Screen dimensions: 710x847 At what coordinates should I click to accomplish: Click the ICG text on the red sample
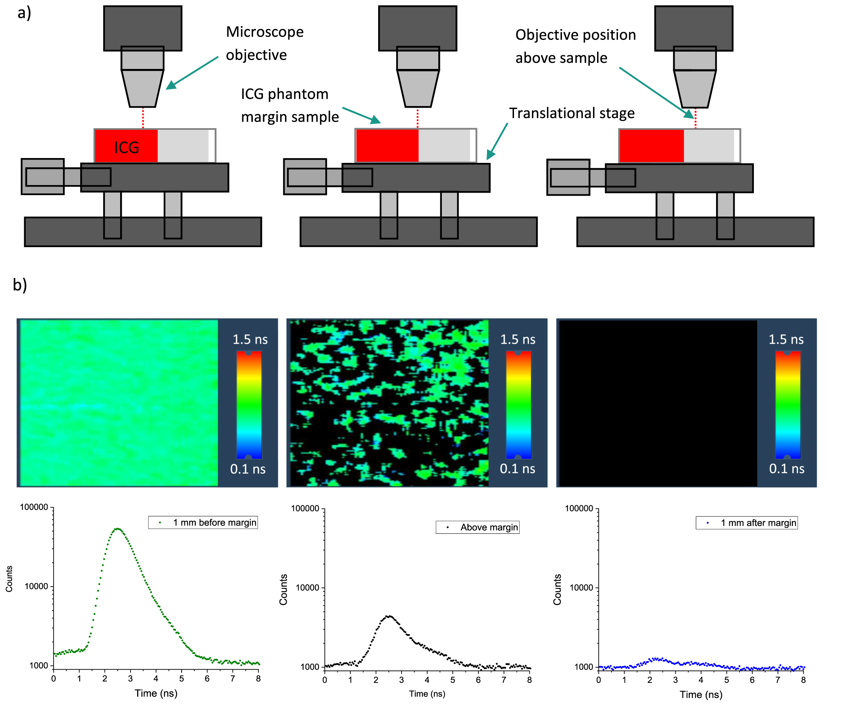[126, 148]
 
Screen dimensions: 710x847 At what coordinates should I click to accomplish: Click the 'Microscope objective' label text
[264, 43]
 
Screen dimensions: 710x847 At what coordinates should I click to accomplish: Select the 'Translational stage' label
[572, 113]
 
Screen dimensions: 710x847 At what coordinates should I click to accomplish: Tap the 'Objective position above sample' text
[575, 46]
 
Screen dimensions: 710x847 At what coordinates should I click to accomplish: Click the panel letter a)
[24, 13]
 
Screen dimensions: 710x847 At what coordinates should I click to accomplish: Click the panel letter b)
[20, 285]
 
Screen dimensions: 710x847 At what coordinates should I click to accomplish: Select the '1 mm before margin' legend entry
[214, 523]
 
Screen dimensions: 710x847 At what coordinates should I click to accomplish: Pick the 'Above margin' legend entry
[489, 528]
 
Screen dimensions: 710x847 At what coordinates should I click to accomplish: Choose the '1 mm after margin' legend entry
[758, 523]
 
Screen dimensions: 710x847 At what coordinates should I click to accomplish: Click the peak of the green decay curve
[117, 529]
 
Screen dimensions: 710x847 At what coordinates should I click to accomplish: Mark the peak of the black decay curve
[389, 616]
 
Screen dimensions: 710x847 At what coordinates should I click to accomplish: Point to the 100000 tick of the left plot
[34, 508]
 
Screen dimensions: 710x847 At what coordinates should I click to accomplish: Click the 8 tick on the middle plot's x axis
[529, 680]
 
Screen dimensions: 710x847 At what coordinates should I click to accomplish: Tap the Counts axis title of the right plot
[557, 590]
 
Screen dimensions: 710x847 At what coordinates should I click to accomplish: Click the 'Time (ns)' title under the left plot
[156, 693]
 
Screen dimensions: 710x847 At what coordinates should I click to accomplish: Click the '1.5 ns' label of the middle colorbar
[518, 339]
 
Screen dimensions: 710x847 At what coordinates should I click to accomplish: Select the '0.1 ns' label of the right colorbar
[786, 469]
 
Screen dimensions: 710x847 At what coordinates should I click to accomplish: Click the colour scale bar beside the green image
[249, 405]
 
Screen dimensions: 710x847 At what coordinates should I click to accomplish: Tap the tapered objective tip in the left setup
[142, 89]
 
